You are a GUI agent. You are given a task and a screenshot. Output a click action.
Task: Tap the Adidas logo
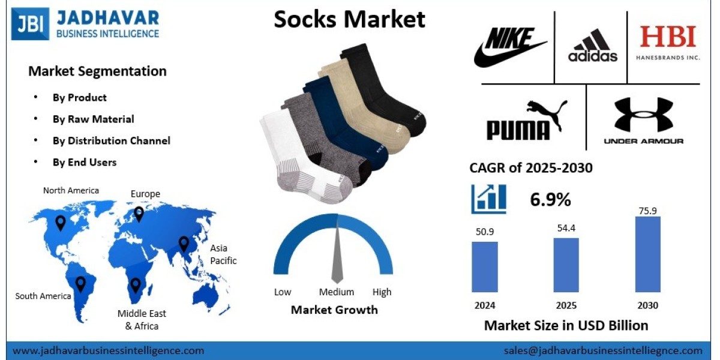pyautogui.click(x=593, y=47)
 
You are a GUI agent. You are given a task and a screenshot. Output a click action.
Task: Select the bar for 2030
pyautogui.click(x=647, y=254)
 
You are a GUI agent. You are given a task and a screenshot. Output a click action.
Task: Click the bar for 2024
pyautogui.click(x=484, y=266)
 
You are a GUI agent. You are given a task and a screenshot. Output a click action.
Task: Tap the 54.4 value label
pyautogui.click(x=566, y=228)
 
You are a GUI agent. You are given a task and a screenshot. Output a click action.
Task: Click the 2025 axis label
pyautogui.click(x=566, y=305)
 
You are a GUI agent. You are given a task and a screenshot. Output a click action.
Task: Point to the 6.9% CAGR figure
pyautogui.click(x=550, y=200)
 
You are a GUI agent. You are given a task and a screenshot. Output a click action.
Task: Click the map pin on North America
pyautogui.click(x=61, y=223)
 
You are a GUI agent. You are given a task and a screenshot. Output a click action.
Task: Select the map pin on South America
pyautogui.click(x=80, y=284)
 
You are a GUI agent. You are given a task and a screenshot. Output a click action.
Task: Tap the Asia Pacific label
pyautogui.click(x=223, y=254)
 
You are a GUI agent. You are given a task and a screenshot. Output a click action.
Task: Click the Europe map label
pyautogui.click(x=145, y=194)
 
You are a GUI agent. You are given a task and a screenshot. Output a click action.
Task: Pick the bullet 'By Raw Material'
pyautogui.click(x=93, y=119)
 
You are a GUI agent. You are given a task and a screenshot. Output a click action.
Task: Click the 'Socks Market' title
pyautogui.click(x=349, y=19)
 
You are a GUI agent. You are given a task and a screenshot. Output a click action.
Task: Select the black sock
pyautogui.click(x=390, y=90)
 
